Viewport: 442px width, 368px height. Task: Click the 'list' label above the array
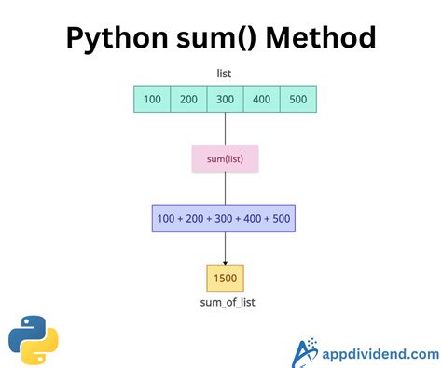[x=225, y=73]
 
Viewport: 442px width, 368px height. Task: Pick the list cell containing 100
[x=153, y=99]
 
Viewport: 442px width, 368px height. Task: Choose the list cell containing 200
[x=189, y=99]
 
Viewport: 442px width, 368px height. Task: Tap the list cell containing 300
[x=226, y=99]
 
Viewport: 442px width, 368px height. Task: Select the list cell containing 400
[x=262, y=99]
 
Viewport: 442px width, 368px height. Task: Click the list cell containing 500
[x=298, y=99]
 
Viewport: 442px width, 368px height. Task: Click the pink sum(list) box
[x=225, y=159]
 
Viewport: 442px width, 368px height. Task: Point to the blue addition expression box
[x=225, y=219]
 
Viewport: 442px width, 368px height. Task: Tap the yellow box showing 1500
[x=225, y=278]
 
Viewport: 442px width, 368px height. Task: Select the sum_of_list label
[x=225, y=303]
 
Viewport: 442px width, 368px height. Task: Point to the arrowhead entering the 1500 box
[x=225, y=261]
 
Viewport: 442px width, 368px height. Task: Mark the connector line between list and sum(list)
[x=225, y=129]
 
